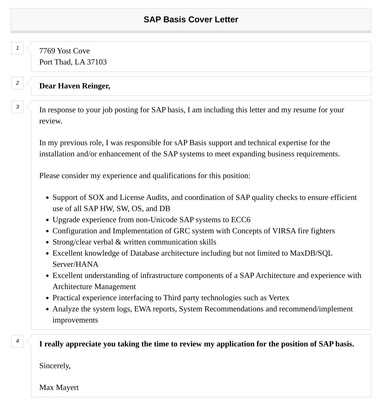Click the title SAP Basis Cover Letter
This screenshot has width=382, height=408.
click(191, 19)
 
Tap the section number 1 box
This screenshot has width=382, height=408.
click(18, 48)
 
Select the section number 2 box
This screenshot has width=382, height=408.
click(18, 83)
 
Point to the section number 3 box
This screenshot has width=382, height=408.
click(18, 107)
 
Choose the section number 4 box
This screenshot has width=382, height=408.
click(18, 341)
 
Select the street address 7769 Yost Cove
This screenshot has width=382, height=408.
click(64, 51)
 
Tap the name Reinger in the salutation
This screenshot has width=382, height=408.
click(96, 86)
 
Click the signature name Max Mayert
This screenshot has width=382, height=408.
click(59, 388)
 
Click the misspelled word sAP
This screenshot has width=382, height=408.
click(181, 143)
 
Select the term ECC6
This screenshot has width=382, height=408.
click(241, 220)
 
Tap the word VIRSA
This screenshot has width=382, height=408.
click(284, 231)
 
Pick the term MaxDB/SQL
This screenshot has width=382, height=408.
click(311, 253)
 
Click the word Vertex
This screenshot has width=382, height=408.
click(279, 298)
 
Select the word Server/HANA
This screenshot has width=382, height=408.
click(75, 264)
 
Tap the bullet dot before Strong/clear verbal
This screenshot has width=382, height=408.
click(47, 243)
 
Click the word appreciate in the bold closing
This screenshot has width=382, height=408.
click(83, 344)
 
